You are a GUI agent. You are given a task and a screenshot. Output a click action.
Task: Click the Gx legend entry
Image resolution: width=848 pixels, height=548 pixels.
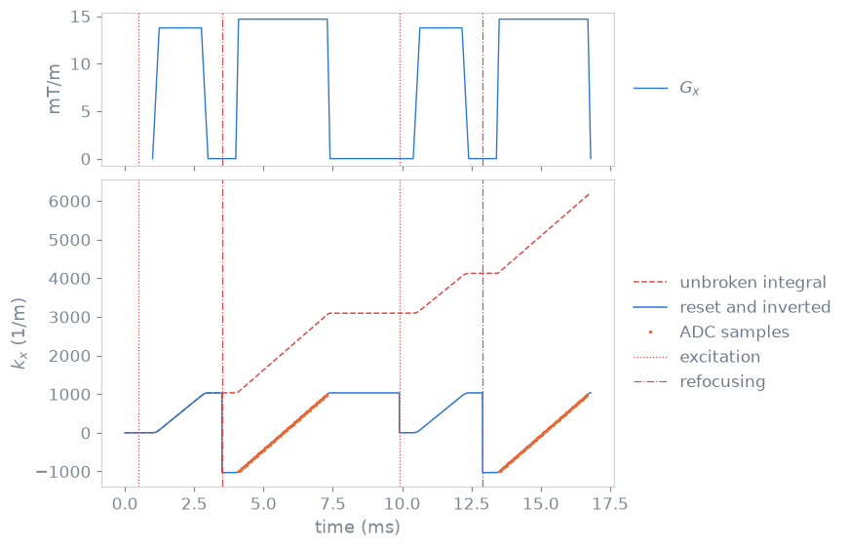click(667, 88)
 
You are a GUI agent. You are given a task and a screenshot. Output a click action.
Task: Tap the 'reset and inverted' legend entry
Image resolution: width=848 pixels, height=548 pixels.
click(731, 307)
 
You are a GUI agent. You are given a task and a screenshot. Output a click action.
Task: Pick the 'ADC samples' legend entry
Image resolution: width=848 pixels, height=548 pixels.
click(718, 332)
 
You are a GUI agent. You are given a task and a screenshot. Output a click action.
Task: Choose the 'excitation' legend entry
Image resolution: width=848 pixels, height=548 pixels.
click(697, 357)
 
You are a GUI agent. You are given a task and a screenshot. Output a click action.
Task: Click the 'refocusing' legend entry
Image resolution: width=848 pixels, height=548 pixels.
click(699, 382)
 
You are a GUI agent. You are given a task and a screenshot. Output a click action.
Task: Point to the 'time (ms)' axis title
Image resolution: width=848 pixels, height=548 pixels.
click(358, 527)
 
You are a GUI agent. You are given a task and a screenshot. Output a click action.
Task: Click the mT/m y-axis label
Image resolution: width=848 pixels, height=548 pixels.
click(54, 88)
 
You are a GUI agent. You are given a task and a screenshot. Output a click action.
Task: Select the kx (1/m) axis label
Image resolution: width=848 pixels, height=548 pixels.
click(19, 333)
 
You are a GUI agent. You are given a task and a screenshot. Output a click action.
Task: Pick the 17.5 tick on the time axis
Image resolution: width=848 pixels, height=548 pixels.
click(609, 504)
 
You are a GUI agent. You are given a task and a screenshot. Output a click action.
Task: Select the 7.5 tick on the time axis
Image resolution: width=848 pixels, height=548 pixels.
click(332, 504)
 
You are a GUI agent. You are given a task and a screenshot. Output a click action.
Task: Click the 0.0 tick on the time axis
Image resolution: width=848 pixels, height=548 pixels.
click(125, 504)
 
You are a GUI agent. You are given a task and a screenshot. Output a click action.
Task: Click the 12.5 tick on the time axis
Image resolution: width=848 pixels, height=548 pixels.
click(471, 504)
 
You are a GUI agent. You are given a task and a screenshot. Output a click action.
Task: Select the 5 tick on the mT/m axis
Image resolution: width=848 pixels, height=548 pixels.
click(87, 112)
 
